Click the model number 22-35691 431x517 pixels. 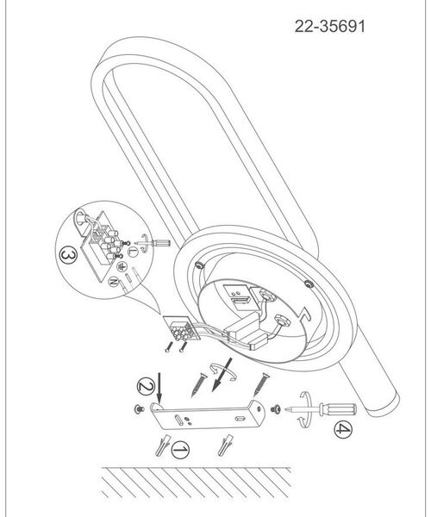tap(330, 27)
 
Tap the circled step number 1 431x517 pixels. tap(180, 450)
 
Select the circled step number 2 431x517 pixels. tap(146, 386)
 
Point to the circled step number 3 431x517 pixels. tap(68, 256)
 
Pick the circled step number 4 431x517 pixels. tap(343, 429)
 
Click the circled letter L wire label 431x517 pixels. tap(133, 252)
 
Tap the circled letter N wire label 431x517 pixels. tap(113, 282)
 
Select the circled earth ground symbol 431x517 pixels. tap(122, 266)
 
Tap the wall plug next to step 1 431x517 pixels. tap(163, 445)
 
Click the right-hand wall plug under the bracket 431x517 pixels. tap(226, 445)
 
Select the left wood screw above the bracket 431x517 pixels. tap(198, 384)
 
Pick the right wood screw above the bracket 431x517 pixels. tap(261, 384)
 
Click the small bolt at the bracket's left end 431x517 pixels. tap(139, 409)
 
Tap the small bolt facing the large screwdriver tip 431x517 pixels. tap(276, 408)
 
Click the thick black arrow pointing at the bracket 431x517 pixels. tap(222, 375)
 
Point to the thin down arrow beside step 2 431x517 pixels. tap(159, 388)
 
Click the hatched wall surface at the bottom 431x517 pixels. tap(197, 483)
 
